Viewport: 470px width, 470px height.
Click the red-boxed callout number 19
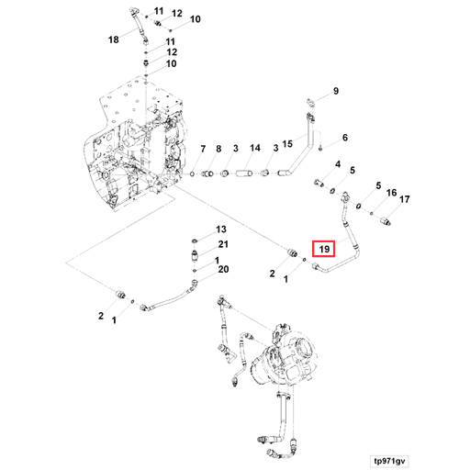[324, 249]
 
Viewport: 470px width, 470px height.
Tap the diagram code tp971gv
[389, 461]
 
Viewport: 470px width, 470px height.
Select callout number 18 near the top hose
[114, 39]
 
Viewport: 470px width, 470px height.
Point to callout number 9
[336, 91]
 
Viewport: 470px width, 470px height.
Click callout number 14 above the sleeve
[255, 148]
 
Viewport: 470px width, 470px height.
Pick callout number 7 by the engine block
[203, 149]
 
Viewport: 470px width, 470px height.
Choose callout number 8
[218, 149]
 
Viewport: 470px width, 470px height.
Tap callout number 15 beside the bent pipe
[287, 144]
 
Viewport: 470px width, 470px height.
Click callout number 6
[345, 138]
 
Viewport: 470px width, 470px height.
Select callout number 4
[338, 164]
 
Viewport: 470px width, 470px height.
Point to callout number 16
[391, 193]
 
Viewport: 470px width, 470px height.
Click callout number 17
[405, 199]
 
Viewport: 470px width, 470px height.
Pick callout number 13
[221, 229]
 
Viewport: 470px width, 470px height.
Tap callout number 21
[223, 244]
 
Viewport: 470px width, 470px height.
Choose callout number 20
[223, 269]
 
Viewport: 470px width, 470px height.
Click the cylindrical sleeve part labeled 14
[244, 173]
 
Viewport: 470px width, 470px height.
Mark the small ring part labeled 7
[192, 173]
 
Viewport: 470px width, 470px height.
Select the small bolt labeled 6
[320, 149]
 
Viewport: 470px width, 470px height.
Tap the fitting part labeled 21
[195, 255]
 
